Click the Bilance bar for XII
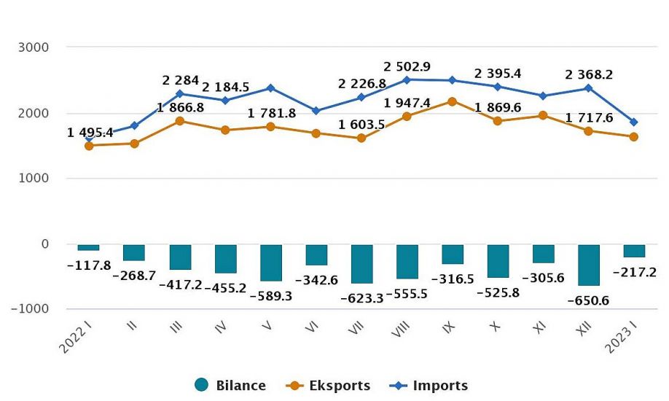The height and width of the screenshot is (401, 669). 589,265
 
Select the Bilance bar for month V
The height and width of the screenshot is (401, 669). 271,262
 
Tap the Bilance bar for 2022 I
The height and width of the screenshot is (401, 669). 89,247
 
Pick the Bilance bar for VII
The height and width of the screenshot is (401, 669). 362,264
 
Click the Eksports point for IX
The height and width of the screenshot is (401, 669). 453,101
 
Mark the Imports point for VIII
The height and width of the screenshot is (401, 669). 407,79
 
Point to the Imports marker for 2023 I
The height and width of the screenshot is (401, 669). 634,122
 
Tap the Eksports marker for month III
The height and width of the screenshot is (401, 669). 180,121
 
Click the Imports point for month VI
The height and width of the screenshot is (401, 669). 316,111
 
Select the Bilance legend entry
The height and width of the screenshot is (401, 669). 230,386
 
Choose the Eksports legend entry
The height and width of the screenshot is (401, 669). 329,386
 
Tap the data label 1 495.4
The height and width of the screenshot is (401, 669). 91,133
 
